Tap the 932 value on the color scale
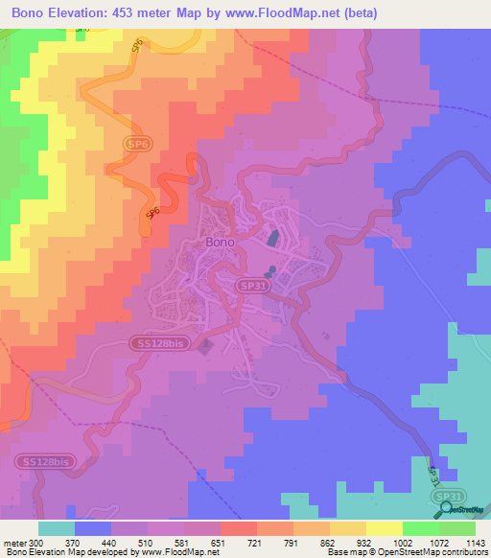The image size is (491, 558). [x=365, y=543]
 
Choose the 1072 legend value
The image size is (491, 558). [x=438, y=543]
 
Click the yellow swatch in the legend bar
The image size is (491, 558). [x=384, y=528]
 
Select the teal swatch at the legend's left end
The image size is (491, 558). [x=57, y=528]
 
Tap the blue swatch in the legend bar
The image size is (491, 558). [x=93, y=528]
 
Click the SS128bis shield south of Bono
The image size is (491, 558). [x=156, y=342]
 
